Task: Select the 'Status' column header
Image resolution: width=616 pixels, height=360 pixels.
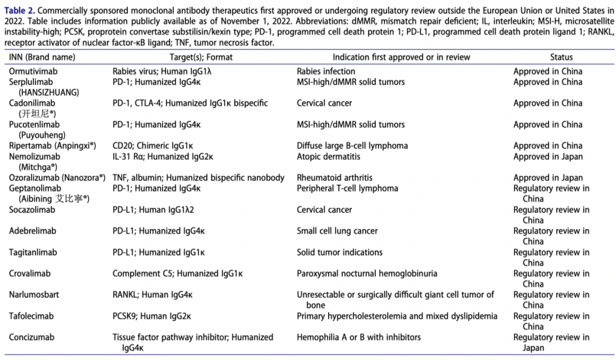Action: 561,57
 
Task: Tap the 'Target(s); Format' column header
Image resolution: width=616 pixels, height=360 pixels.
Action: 201,57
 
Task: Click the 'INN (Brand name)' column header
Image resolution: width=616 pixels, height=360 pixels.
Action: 42,57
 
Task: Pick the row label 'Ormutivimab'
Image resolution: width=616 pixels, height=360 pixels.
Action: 33,71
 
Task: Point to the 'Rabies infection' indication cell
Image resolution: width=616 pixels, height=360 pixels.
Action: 326,71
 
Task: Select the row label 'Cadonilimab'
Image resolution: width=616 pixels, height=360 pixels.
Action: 33,103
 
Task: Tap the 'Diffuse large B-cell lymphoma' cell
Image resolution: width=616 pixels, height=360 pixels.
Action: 352,145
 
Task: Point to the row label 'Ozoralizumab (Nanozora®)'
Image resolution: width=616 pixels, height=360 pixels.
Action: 57,177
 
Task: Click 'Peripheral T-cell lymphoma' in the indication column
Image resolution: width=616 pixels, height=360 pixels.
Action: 347,188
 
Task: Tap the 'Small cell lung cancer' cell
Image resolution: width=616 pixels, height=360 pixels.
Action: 337,231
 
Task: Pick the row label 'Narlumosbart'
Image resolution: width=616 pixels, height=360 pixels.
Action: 34,295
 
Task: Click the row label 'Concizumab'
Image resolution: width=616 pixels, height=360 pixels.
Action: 32,337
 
